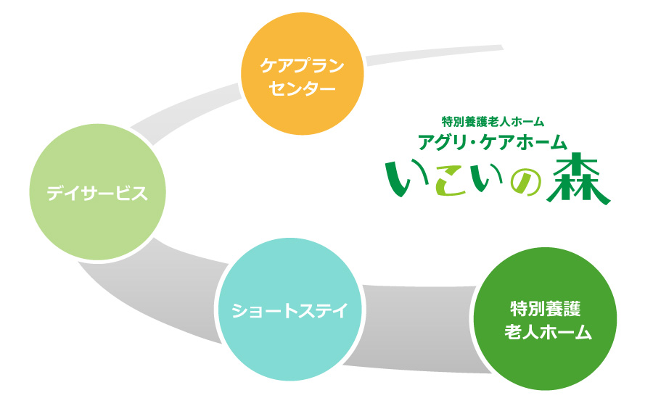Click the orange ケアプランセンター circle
[x=303, y=73]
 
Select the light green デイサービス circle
[x=98, y=192]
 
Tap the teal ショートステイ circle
[x=290, y=309]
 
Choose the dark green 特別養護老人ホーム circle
[x=545, y=319]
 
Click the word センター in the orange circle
[x=302, y=88]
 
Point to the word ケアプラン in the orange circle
[x=303, y=65]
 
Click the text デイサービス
[x=97, y=194]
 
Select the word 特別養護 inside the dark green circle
[x=545, y=309]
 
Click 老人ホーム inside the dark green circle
[x=548, y=332]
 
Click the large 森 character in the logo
[x=579, y=178]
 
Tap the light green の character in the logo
[x=525, y=183]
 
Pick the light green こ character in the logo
[x=451, y=180]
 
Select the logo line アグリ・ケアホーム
[x=493, y=142]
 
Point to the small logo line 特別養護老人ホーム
[x=493, y=122]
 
